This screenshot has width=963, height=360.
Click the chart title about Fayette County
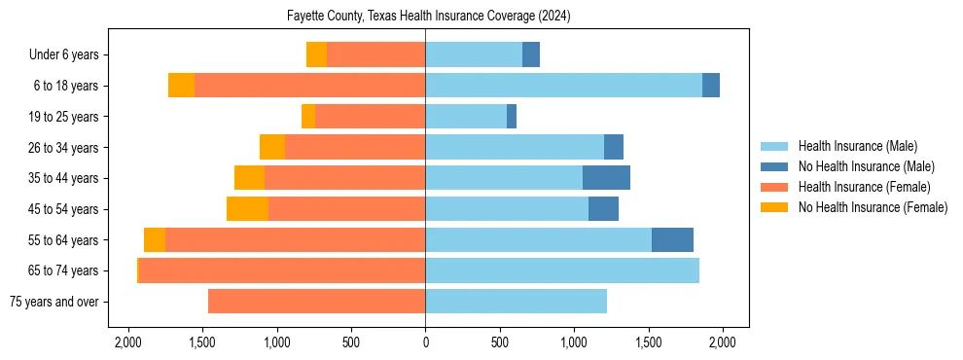click(x=428, y=17)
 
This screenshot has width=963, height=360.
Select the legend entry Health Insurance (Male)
click(x=857, y=146)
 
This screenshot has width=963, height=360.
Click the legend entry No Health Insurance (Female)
click(x=873, y=207)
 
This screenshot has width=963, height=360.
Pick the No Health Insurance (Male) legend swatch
click(x=775, y=166)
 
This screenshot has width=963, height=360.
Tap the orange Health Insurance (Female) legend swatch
click(x=775, y=187)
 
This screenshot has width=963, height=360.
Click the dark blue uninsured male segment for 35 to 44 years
click(x=606, y=178)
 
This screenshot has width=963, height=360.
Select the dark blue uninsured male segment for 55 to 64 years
click(x=672, y=239)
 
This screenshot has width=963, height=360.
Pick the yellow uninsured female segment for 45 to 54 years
click(x=247, y=209)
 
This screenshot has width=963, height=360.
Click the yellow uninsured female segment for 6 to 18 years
click(x=181, y=86)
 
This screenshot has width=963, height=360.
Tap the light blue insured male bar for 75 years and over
click(x=516, y=302)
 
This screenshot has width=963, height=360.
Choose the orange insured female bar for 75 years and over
click(x=316, y=302)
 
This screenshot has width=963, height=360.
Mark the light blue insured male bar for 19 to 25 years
click(x=466, y=117)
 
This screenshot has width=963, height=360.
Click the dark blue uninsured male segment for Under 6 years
click(x=531, y=55)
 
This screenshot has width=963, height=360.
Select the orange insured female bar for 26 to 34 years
click(x=355, y=147)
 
